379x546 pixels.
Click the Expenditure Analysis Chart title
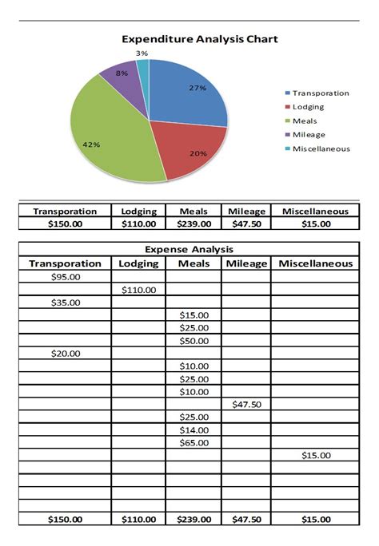[199, 38]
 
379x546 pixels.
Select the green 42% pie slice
[104, 136]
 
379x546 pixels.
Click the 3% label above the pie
[142, 53]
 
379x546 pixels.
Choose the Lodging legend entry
[309, 107]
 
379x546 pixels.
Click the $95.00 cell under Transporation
[65, 277]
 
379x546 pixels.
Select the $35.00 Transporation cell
[65, 303]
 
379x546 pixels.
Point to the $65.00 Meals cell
[193, 442]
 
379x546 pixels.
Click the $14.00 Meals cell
[193, 429]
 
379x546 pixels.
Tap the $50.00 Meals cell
[193, 341]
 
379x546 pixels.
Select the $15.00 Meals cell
[193, 315]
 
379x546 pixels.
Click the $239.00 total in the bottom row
[193, 519]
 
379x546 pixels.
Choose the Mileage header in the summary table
[245, 211]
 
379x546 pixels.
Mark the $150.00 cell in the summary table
[65, 224]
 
